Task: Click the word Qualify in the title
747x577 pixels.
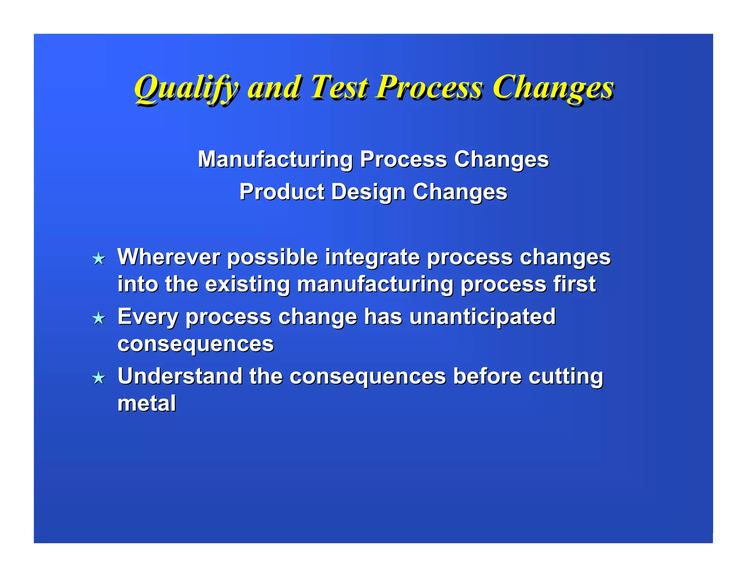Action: [186, 88]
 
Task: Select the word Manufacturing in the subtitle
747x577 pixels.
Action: [275, 160]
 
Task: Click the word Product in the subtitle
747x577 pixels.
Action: [282, 192]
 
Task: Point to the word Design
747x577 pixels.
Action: [368, 192]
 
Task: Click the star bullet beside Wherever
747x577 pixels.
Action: [99, 259]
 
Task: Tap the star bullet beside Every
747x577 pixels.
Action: [99, 318]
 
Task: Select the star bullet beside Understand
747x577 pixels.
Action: [99, 378]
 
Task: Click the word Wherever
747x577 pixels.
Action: [169, 257]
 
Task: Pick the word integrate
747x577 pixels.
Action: [372, 257]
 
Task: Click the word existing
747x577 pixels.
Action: [247, 284]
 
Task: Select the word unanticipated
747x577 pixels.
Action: [482, 317]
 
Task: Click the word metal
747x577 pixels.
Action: [147, 403]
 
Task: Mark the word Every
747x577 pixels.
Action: [148, 317]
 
